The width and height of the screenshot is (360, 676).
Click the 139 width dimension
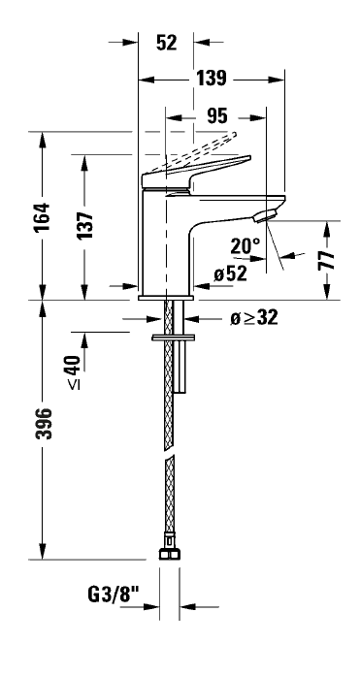(212, 79)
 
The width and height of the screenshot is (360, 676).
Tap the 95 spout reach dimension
(216, 116)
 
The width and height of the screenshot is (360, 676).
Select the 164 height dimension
(43, 217)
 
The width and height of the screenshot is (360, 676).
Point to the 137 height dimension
(85, 225)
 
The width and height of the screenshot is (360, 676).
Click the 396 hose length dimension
(44, 424)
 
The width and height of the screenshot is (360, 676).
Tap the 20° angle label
(245, 246)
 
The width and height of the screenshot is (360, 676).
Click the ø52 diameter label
(231, 274)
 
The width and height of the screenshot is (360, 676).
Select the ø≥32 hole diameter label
(254, 318)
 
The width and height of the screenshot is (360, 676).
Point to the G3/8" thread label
(114, 596)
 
